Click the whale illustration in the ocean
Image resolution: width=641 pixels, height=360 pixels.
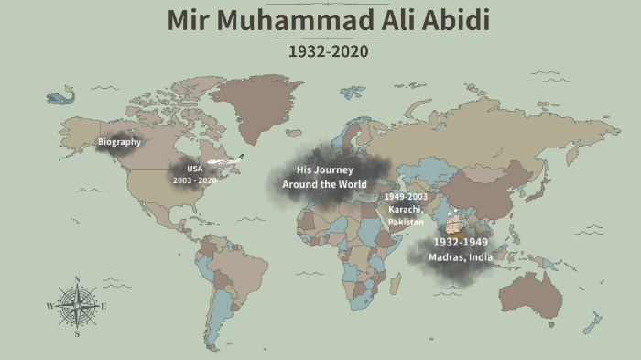point(60,93)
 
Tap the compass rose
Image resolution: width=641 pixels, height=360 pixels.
point(77,307)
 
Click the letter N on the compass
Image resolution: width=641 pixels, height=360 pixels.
point(77,279)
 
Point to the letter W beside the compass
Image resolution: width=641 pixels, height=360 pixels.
point(49,307)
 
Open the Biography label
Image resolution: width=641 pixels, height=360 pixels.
point(120,142)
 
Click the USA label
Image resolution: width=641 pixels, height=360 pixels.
point(195,169)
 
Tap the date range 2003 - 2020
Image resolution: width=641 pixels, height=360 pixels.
point(195,180)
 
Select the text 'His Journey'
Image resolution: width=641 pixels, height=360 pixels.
point(324,170)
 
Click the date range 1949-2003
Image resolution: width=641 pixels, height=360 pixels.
point(406,197)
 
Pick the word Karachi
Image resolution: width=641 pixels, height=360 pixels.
point(404,210)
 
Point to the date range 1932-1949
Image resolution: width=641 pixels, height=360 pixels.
point(461,242)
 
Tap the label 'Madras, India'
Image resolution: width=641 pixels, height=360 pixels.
point(461,257)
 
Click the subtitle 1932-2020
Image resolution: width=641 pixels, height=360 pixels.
point(328,51)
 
